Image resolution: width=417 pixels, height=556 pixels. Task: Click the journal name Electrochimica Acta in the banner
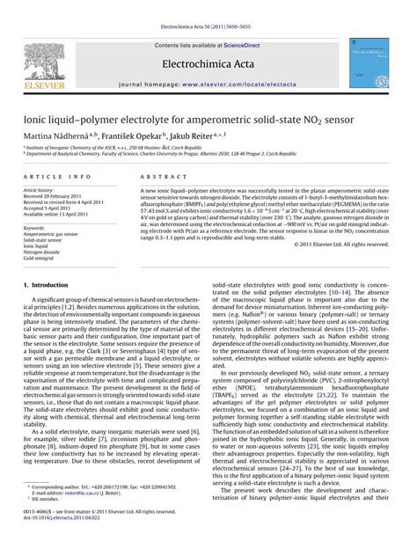pos(208,63)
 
